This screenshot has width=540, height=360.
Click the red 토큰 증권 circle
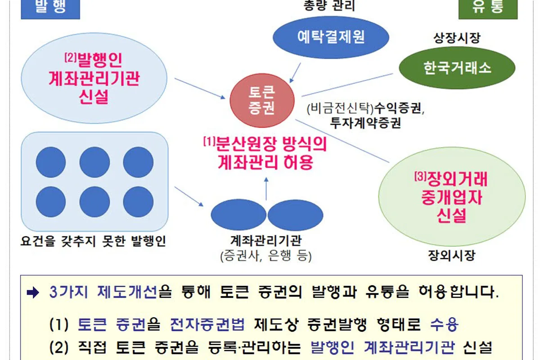click(x=262, y=100)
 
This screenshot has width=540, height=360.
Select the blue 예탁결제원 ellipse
click(x=331, y=37)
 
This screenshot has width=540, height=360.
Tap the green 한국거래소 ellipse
click(x=457, y=68)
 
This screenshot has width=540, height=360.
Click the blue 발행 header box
click(x=50, y=9)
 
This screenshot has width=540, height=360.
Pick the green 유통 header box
click(x=488, y=9)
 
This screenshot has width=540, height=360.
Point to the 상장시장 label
click(x=457, y=38)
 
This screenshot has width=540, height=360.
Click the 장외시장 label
click(x=451, y=255)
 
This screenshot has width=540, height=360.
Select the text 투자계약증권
click(x=365, y=123)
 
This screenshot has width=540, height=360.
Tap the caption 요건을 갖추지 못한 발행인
click(x=93, y=241)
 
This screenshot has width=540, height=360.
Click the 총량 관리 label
click(x=329, y=5)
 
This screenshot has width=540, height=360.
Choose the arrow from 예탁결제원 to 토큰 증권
click(x=295, y=73)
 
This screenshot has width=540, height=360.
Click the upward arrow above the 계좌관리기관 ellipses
click(x=266, y=189)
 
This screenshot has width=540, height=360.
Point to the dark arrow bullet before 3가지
click(x=33, y=292)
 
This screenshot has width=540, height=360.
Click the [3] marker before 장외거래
click(x=420, y=176)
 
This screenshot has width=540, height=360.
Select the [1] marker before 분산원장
click(x=209, y=142)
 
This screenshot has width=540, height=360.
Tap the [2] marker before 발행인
click(x=70, y=58)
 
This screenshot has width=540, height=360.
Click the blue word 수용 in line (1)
click(x=444, y=324)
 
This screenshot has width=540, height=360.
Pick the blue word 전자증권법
click(x=207, y=324)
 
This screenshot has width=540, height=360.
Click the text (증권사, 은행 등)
click(x=266, y=256)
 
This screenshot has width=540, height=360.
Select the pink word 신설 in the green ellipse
click(x=451, y=215)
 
